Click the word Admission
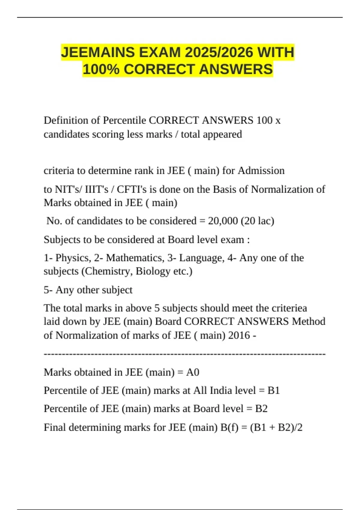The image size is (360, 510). [261, 170]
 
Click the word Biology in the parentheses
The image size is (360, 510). [153, 271]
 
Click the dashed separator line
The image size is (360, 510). [184, 354]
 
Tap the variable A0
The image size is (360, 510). [193, 372]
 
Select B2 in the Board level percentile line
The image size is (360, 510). [261, 409]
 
